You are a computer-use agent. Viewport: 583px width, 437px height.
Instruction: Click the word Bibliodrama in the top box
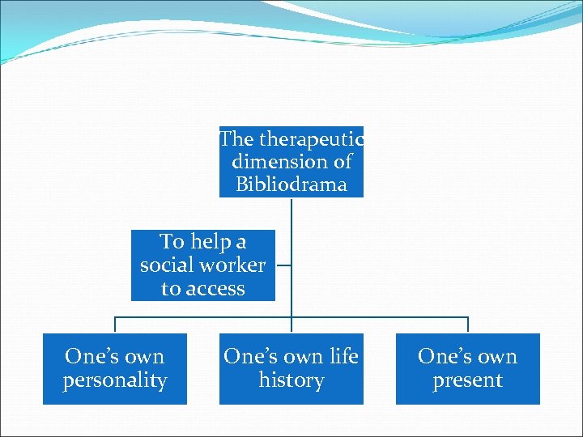point(291,185)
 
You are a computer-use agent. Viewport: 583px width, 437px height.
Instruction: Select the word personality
point(115,380)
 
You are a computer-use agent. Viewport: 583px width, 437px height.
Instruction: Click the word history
point(291,380)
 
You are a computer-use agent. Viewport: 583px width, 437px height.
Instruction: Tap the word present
point(468,380)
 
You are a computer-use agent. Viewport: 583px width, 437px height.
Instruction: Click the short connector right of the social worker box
point(283,265)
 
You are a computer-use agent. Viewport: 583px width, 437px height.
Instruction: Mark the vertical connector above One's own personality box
point(115,325)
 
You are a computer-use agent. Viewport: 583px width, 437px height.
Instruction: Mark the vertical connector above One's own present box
point(468,325)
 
